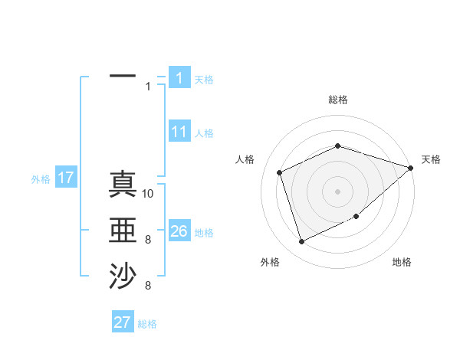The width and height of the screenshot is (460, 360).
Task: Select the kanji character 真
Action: (123, 184)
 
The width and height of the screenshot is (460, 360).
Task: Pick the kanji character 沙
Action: (123, 277)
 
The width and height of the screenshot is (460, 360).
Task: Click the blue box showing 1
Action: (179, 78)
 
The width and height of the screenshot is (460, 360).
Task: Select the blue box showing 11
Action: (179, 132)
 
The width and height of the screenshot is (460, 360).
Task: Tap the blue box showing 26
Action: (179, 231)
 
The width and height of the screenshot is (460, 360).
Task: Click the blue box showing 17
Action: (65, 178)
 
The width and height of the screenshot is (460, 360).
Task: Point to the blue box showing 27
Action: (122, 322)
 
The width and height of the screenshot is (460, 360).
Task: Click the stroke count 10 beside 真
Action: (149, 193)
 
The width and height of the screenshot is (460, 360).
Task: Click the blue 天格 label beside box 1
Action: (204, 79)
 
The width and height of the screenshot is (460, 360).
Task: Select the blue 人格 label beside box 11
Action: (204, 133)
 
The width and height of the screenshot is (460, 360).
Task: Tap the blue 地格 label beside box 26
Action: (204, 233)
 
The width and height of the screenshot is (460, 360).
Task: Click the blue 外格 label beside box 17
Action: (41, 179)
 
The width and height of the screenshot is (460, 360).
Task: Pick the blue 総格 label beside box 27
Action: (147, 324)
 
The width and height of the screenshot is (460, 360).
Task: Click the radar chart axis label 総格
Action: (338, 100)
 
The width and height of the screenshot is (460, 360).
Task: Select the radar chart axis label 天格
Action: (431, 159)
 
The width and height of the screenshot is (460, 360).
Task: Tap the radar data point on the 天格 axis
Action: (411, 168)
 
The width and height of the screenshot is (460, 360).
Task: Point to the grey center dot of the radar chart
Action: (338, 191)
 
